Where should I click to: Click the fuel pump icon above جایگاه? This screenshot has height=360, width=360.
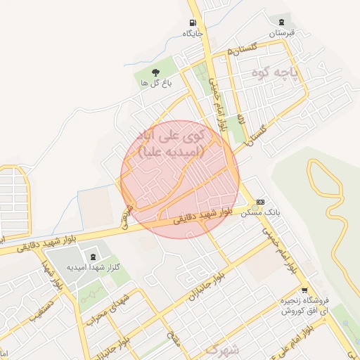(x=193, y=22)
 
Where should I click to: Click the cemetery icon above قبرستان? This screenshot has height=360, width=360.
(x=282, y=22)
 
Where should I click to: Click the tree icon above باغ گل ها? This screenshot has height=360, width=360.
(x=155, y=72)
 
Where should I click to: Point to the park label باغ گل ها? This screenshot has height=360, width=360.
(x=155, y=83)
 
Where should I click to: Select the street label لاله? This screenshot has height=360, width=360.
(x=240, y=118)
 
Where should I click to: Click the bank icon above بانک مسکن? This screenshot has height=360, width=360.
(x=261, y=202)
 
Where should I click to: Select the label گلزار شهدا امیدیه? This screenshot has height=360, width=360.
(x=94, y=267)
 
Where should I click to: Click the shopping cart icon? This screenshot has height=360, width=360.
(x=304, y=290)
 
